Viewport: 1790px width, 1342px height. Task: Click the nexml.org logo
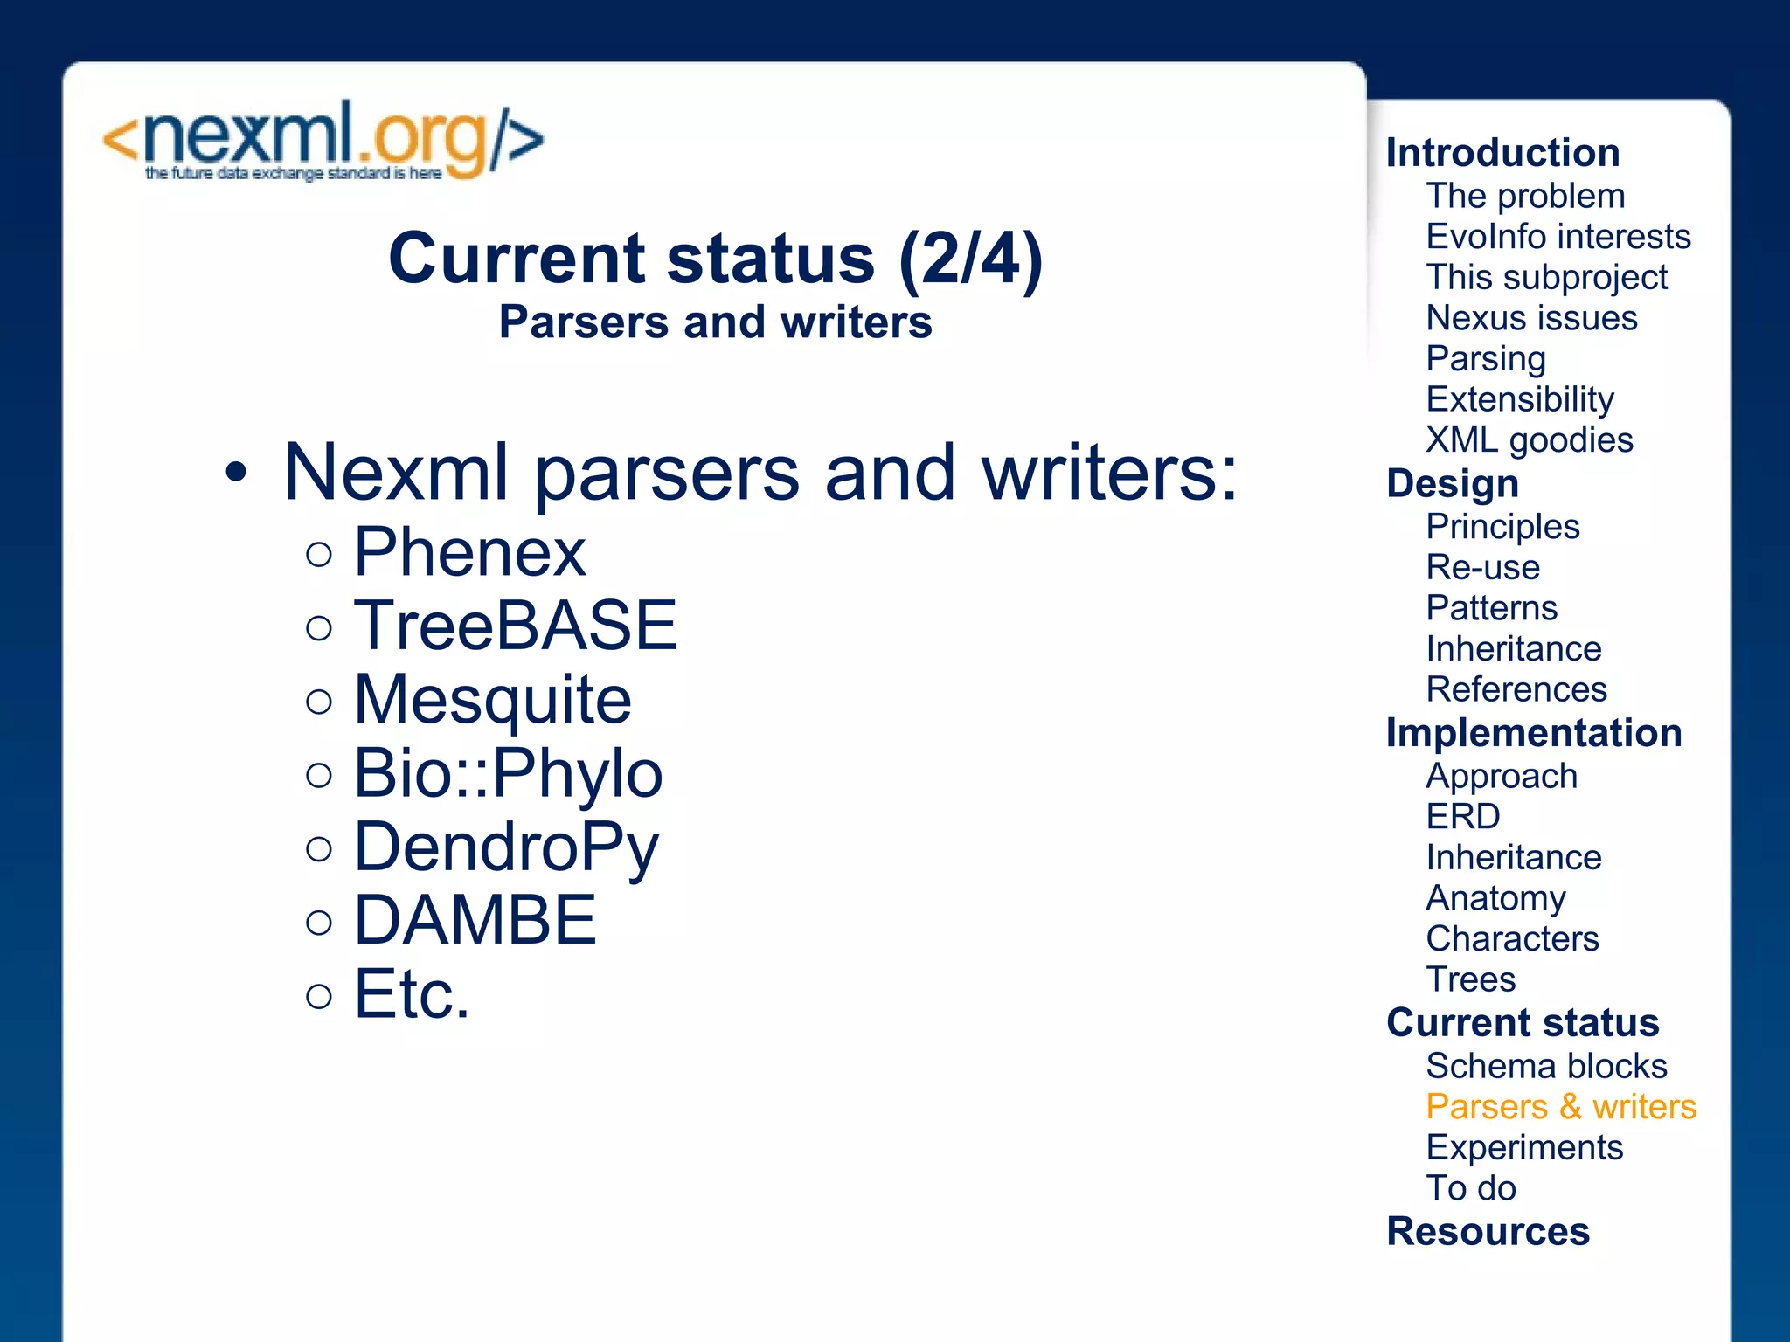coord(323,142)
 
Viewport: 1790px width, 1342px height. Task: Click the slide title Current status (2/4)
coord(715,259)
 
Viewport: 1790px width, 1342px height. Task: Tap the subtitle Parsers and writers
coord(715,322)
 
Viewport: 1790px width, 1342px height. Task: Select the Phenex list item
coord(469,552)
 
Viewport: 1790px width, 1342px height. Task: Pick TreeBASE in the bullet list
coord(515,626)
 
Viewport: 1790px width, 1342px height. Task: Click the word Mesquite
coord(492,700)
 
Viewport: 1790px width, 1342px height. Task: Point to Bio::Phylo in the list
coord(508,773)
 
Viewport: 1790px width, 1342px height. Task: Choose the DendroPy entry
coord(506,847)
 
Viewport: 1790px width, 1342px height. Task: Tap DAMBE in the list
coord(475,920)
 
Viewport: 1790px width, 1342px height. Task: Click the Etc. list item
coord(412,994)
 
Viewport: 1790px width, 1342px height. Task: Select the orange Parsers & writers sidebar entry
coord(1560,1107)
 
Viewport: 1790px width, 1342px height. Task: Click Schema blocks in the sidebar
coord(1546,1066)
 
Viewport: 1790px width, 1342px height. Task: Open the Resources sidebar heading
coord(1488,1232)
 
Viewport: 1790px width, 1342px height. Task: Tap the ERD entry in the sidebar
coord(1462,817)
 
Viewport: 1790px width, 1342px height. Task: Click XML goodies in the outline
coord(1529,440)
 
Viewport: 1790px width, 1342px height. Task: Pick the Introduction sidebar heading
coord(1502,153)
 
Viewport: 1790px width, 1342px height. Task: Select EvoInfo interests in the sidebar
coord(1558,237)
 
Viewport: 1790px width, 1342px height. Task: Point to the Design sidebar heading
coord(1453,484)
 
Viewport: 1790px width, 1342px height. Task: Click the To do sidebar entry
coord(1470,1188)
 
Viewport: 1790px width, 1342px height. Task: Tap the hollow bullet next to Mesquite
coord(320,702)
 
